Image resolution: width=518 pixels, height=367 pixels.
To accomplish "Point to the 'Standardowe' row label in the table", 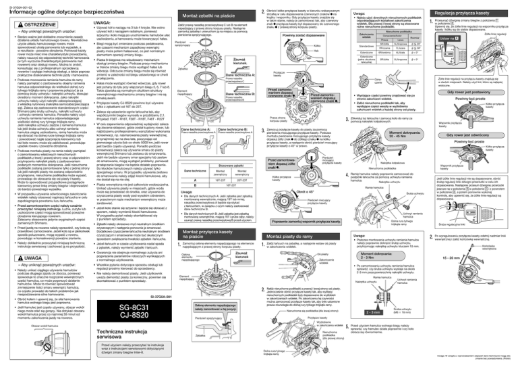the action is point(354,31).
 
